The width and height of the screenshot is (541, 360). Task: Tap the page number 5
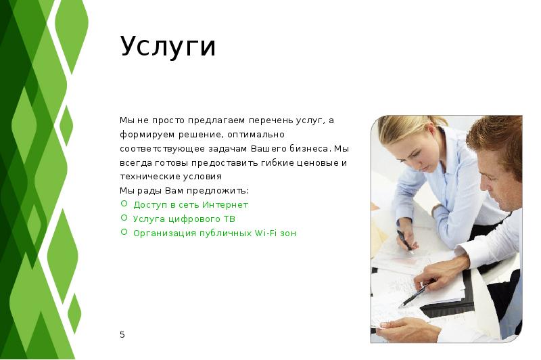click(122, 334)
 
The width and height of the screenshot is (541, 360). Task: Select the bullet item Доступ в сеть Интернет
click(191, 204)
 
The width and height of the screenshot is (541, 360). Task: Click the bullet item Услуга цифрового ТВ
click(184, 219)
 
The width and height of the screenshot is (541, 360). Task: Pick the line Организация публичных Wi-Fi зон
click(214, 233)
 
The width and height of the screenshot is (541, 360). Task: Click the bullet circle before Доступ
click(124, 204)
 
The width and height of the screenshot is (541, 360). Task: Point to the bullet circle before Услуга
click(124, 218)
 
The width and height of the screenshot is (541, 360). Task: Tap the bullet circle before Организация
click(124, 232)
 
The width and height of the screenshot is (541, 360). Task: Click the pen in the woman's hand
click(404, 240)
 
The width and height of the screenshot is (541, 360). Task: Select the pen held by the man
click(415, 295)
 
